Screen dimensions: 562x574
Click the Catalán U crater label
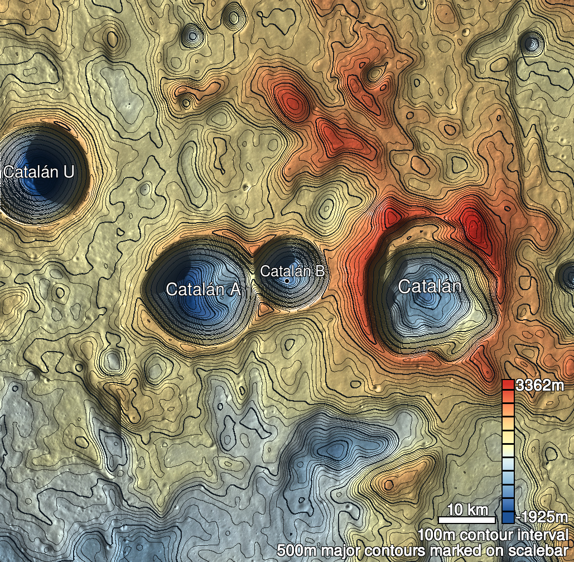[x=38, y=172]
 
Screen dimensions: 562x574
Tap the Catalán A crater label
[x=204, y=289]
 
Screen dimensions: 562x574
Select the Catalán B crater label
[x=292, y=271]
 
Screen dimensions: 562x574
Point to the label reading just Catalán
[x=430, y=286]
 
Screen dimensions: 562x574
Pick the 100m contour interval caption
[x=494, y=535]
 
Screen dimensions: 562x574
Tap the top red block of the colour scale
[x=508, y=385]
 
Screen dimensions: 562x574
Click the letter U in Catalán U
[x=67, y=172]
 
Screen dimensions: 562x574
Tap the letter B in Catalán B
[x=319, y=271]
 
